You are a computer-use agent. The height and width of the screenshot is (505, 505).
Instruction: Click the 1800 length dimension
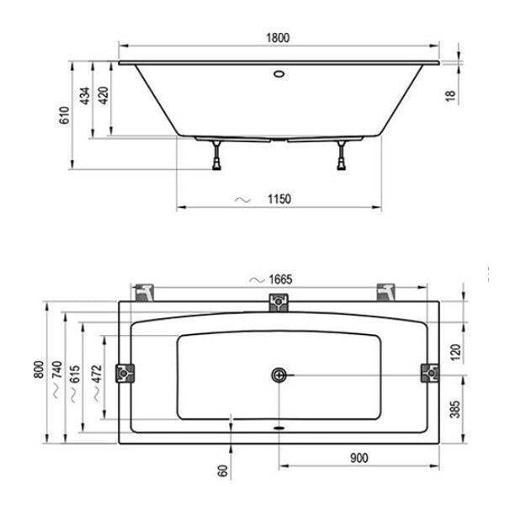click(x=278, y=38)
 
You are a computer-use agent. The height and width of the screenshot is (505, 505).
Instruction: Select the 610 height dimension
click(x=65, y=115)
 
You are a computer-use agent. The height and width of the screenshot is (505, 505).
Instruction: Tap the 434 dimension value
click(x=85, y=96)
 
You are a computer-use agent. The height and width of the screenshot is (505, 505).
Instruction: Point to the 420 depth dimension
click(x=103, y=95)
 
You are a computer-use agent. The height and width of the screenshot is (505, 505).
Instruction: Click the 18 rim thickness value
click(x=451, y=96)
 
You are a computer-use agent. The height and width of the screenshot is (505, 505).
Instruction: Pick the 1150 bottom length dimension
click(x=279, y=199)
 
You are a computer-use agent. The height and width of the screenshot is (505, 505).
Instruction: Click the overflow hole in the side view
click(x=279, y=74)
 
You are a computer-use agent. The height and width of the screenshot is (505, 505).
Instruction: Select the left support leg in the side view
click(x=216, y=155)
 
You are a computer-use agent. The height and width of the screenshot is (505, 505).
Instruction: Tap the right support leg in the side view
click(x=342, y=155)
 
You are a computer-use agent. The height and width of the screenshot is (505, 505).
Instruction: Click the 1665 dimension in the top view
click(x=280, y=279)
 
